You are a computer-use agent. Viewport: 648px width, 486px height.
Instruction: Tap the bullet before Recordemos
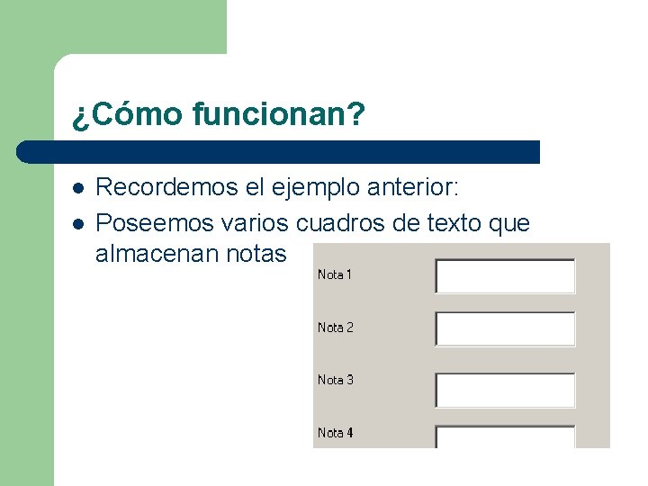78,189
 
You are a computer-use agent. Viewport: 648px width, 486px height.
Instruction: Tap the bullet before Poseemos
78,222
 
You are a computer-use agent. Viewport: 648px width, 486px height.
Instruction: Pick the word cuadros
340,221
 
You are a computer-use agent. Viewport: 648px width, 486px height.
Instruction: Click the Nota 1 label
335,274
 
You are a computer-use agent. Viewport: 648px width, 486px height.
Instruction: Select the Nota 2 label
335,328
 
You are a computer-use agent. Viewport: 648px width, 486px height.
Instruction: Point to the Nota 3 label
335,380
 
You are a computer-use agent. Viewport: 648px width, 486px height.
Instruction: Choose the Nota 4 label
335,433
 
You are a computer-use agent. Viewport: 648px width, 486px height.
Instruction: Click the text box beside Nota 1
505,276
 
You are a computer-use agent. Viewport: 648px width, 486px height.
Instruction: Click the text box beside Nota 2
505,329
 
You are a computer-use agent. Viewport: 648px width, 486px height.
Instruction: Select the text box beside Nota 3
505,391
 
